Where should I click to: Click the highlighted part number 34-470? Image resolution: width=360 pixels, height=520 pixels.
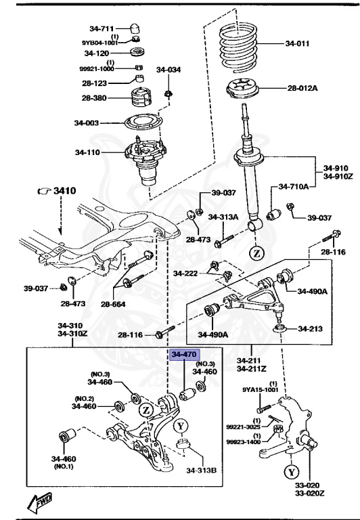pyautogui.click(x=184, y=355)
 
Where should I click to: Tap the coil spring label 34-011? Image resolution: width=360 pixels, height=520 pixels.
pyautogui.click(x=297, y=43)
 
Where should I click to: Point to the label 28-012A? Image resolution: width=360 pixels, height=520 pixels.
pyautogui.click(x=302, y=88)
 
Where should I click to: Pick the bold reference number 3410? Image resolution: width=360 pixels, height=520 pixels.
pyautogui.click(x=65, y=191)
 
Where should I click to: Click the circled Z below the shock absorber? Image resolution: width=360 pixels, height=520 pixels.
pyautogui.click(x=257, y=254)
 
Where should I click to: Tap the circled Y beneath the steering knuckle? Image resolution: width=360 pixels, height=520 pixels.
pyautogui.click(x=292, y=471)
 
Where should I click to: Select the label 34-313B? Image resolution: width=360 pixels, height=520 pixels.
pyautogui.click(x=201, y=471)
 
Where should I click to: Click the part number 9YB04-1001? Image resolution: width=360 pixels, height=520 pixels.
pyautogui.click(x=99, y=43)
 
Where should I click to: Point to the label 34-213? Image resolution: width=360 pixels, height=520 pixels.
pyautogui.click(x=311, y=328)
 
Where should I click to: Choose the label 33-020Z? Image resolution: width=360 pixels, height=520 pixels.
pyautogui.click(x=310, y=493)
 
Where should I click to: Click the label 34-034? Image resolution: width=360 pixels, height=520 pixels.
pyautogui.click(x=168, y=70)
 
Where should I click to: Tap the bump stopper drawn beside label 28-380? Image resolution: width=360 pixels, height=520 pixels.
pyautogui.click(x=142, y=97)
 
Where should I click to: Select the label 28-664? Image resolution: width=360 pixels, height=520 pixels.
pyautogui.click(x=113, y=303)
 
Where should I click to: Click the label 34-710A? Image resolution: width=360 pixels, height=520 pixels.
pyautogui.click(x=294, y=187)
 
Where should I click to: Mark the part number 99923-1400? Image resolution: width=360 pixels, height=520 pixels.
pyautogui.click(x=244, y=441)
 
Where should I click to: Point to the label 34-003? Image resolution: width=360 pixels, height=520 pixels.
pyautogui.click(x=86, y=123)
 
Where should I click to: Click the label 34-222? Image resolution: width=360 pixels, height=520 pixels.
pyautogui.click(x=185, y=274)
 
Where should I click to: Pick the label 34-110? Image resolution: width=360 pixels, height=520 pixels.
pyautogui.click(x=87, y=152)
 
